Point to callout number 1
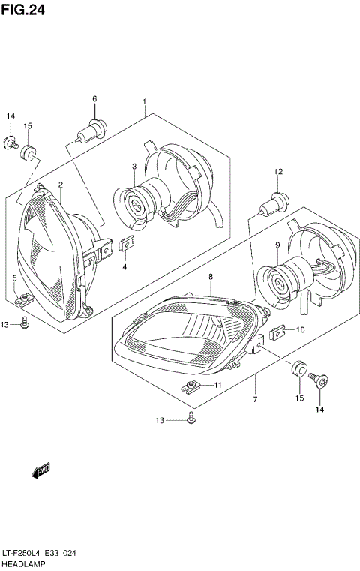(144, 101)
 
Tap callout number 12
(278, 172)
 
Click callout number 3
(134, 167)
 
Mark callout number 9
(277, 245)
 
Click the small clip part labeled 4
(126, 245)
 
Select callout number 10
(300, 329)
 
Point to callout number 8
(211, 277)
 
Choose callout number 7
(255, 400)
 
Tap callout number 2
(61, 184)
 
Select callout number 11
(218, 385)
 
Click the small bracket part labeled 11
(192, 387)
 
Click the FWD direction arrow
(40, 470)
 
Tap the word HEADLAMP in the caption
(22, 563)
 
